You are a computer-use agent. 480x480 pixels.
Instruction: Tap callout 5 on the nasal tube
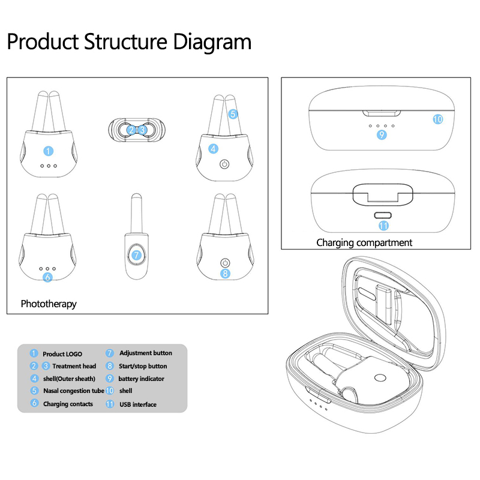coord(233,113)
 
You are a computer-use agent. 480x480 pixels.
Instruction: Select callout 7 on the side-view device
coord(136,255)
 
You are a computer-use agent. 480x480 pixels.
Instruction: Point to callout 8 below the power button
coord(225,273)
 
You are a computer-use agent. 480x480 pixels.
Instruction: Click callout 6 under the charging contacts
coord(48,277)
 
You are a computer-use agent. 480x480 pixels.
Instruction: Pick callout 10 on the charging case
coord(437,119)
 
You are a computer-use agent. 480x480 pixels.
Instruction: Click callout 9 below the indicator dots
coord(382,135)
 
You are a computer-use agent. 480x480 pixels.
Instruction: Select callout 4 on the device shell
coord(214,148)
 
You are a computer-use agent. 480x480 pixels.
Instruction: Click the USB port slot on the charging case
coord(382,214)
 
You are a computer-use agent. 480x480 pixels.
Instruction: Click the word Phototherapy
coord(49,304)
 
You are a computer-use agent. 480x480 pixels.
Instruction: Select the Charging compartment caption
coord(364,242)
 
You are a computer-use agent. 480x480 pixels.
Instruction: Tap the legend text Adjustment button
coord(146,353)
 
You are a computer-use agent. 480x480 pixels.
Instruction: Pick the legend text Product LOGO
coord(62,354)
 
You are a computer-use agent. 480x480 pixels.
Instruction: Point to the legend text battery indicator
coord(141,379)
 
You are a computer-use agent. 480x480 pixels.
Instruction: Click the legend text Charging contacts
coord(68,404)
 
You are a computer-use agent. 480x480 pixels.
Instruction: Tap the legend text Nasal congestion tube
coord(74,391)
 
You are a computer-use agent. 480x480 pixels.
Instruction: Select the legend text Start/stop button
coord(143,366)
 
